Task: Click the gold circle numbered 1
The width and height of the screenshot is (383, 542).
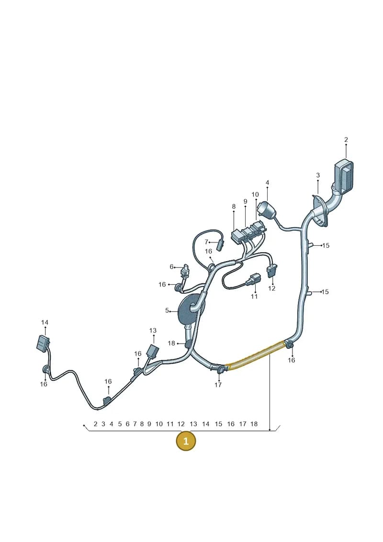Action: [x=186, y=441]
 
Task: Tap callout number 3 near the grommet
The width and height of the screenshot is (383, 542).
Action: [x=318, y=175]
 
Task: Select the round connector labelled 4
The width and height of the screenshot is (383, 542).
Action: [x=267, y=209]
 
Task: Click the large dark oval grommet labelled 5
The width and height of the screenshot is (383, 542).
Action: [x=189, y=310]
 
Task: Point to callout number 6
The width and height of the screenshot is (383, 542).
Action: [x=172, y=267]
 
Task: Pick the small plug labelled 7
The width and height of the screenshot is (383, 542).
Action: [x=220, y=245]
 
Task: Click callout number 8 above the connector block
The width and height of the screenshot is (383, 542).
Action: [x=234, y=207]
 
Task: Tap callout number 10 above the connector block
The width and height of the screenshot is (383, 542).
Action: [x=255, y=195]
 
